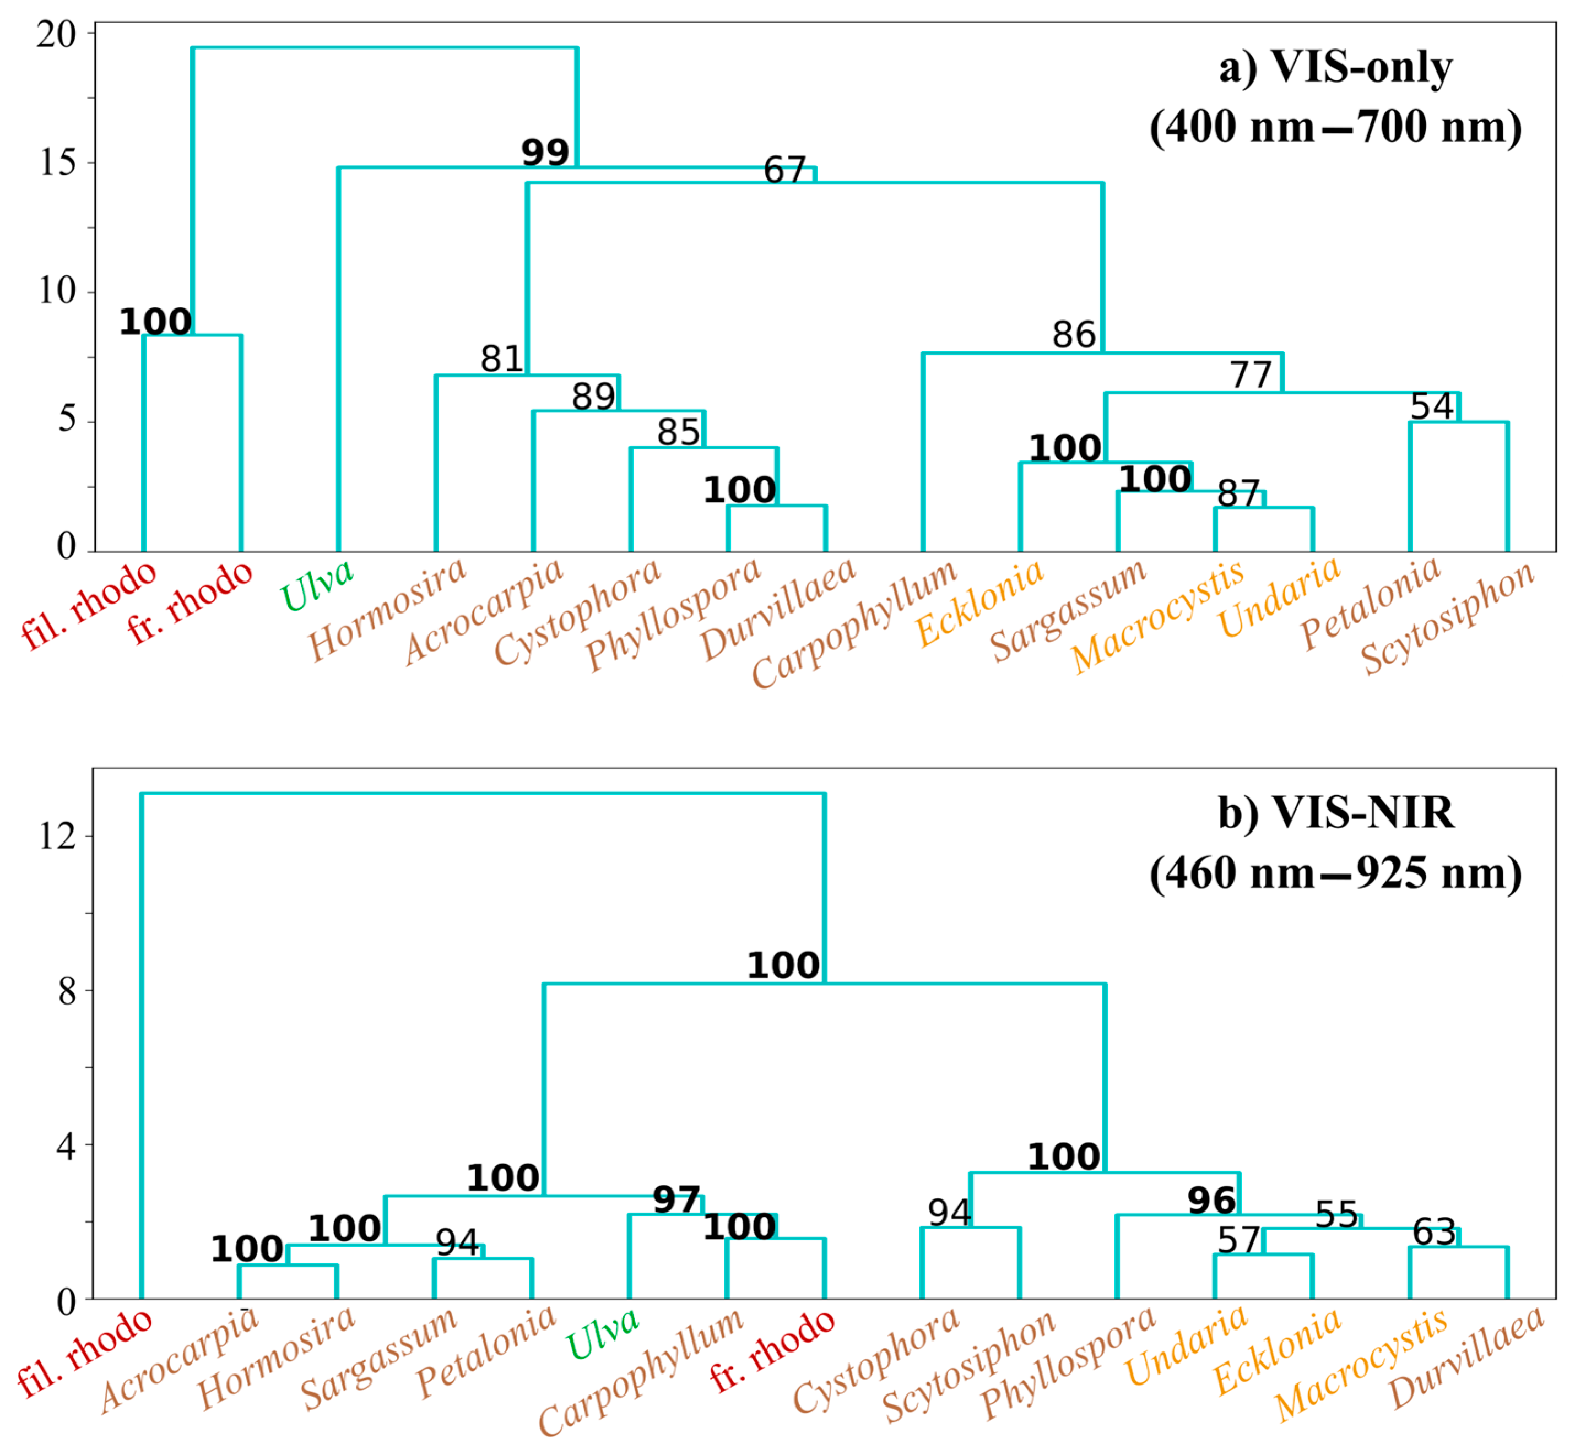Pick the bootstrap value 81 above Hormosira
(x=502, y=359)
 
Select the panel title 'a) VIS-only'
(x=1335, y=68)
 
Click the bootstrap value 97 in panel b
(x=676, y=1201)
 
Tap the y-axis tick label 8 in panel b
(x=67, y=991)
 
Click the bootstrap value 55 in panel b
(x=1336, y=1215)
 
